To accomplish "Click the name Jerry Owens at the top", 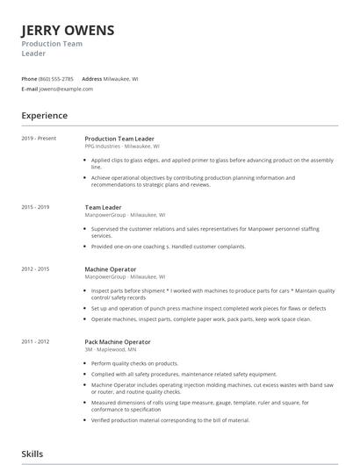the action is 68,31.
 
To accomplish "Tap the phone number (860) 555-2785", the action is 56,78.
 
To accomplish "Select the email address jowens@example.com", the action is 66,89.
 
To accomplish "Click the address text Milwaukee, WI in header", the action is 120,78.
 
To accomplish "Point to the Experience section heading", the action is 44,115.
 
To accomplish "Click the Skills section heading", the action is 32,454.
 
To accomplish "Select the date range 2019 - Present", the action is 39,139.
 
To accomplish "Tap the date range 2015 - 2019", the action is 35,207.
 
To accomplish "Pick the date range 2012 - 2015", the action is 35,268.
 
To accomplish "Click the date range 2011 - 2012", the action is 35,341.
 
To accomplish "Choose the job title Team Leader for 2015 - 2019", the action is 103,207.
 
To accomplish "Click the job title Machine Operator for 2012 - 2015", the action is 111,268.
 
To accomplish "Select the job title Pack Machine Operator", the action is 119,341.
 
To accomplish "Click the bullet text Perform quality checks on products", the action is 134,363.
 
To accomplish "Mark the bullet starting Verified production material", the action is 170,419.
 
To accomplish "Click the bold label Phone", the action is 29,78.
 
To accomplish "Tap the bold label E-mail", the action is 30,89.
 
